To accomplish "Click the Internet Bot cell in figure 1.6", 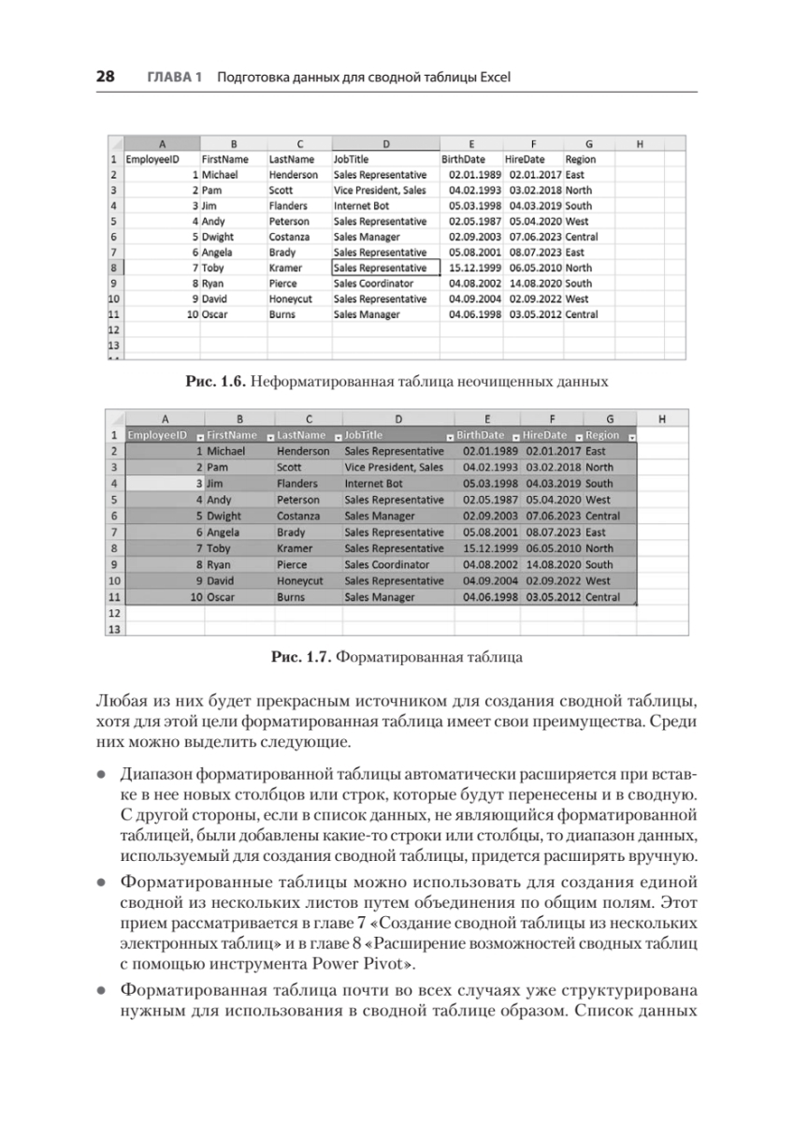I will [x=366, y=205].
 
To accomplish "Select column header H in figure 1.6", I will [x=639, y=144].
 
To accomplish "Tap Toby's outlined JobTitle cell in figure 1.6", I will [x=385, y=268].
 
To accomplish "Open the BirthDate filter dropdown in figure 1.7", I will [x=512, y=437].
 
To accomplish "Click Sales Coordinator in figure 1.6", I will [x=373, y=284].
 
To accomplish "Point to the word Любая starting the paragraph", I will [x=119, y=700].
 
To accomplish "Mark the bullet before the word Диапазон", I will [x=100, y=776].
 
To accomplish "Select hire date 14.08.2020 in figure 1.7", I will [x=554, y=564].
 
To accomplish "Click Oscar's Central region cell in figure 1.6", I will [x=581, y=314].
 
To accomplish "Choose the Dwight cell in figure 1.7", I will [x=225, y=516].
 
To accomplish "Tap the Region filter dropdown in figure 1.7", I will [x=632, y=437].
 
